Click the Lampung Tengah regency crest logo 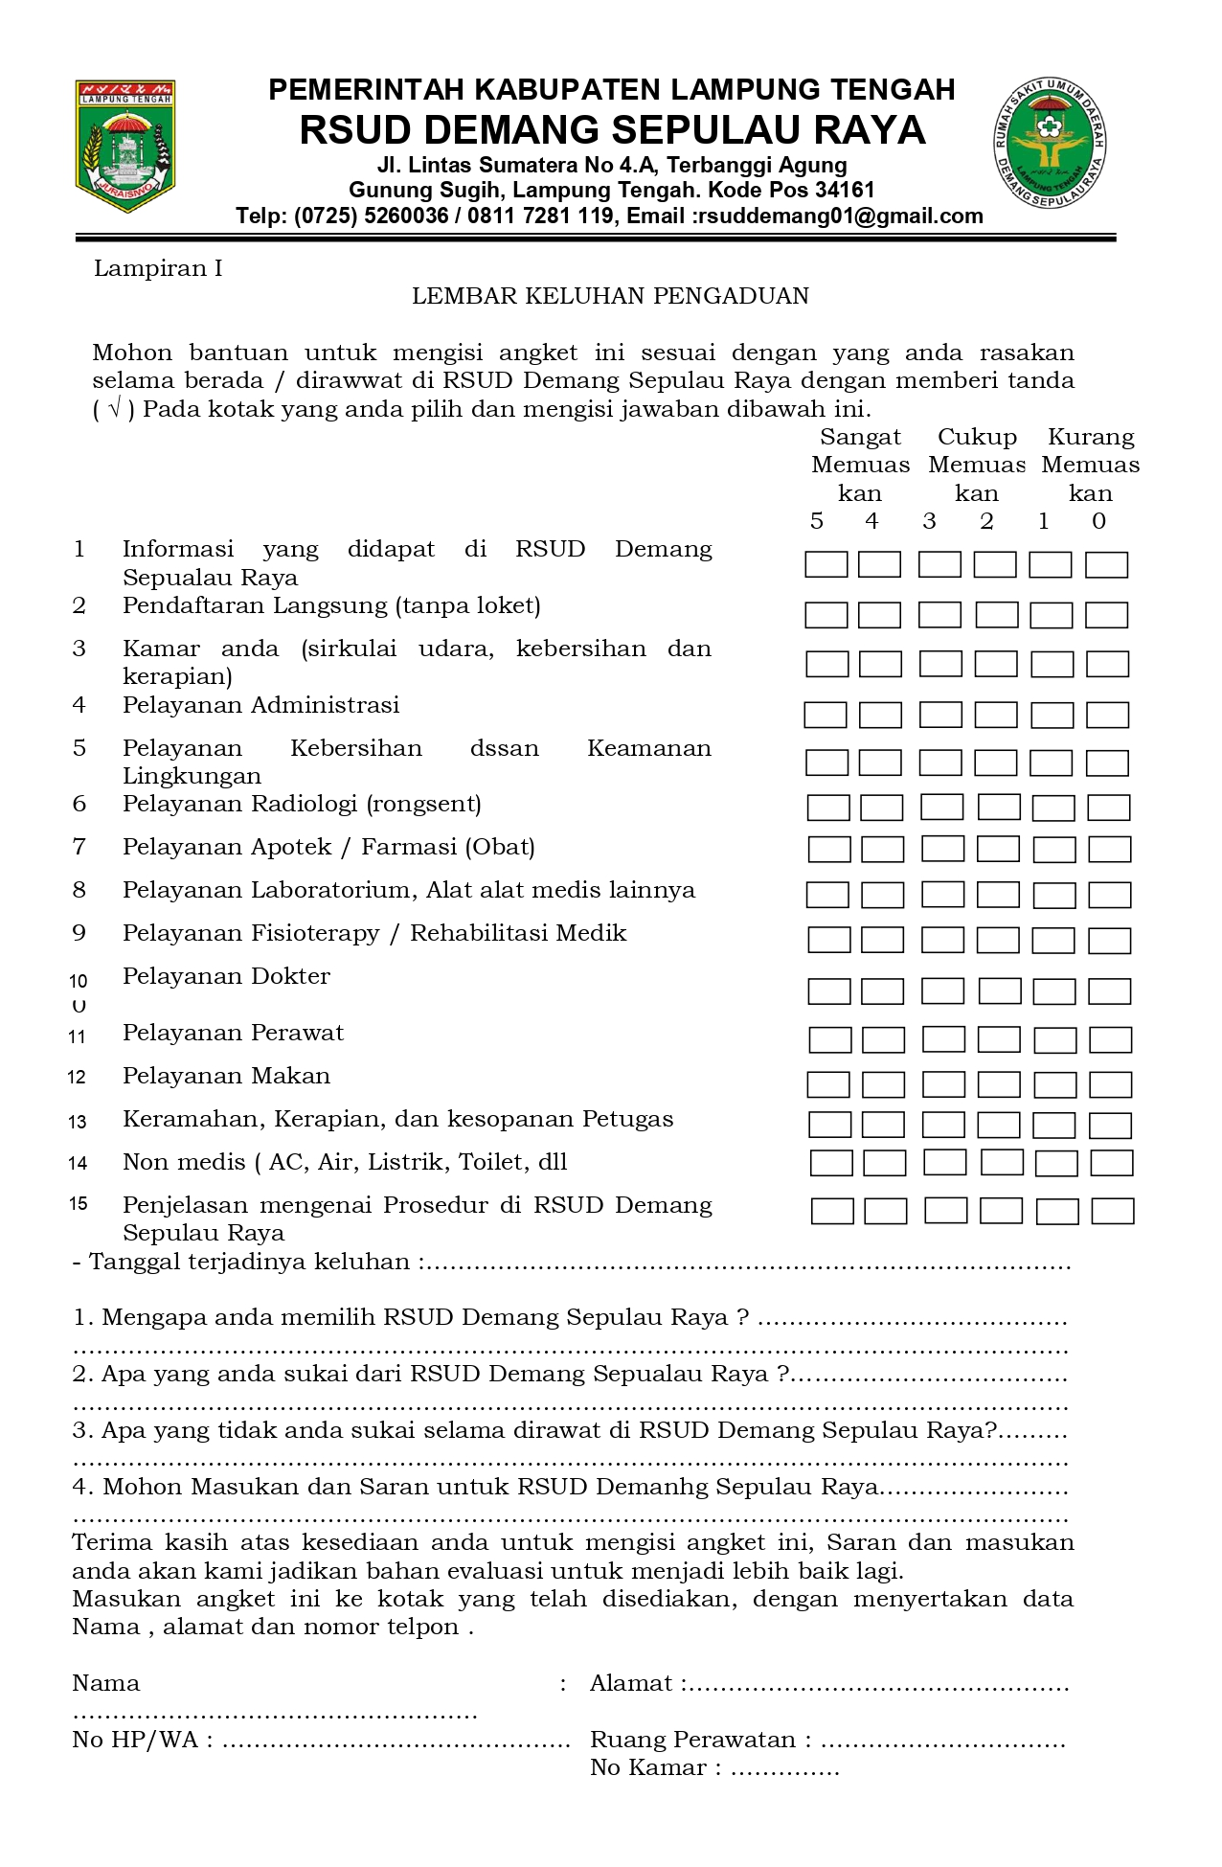125,146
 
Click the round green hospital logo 1050,142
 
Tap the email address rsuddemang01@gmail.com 840,216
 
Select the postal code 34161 844,190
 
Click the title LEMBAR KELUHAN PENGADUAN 610,296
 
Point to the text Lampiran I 158,268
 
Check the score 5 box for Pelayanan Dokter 828,990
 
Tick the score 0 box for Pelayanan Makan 1110,1084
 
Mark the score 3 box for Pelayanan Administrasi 940,715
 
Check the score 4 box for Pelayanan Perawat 883,1039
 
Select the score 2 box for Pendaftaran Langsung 996,614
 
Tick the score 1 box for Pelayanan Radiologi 1053,808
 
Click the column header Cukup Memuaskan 977,465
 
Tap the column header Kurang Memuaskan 1091,465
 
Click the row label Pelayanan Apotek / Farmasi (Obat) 328,847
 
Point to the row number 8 79,890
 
